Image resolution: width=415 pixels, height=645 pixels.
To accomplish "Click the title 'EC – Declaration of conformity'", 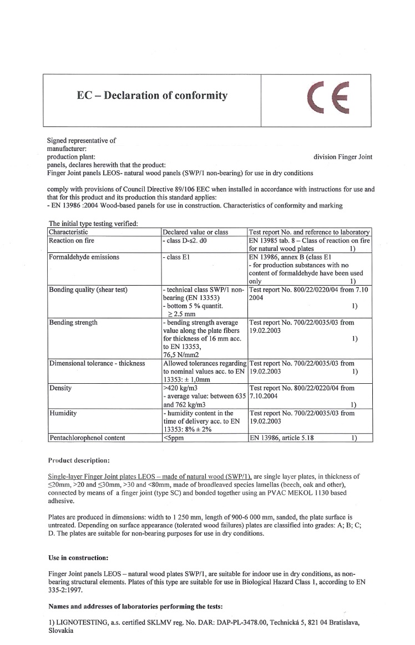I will pyautogui.click(x=152, y=96).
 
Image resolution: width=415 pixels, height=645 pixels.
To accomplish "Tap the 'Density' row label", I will pyautogui.click(x=60, y=388).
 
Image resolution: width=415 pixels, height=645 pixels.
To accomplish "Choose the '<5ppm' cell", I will pyautogui.click(x=171, y=438).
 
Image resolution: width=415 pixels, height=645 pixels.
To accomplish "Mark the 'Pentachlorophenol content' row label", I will pyautogui.click(x=87, y=438).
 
